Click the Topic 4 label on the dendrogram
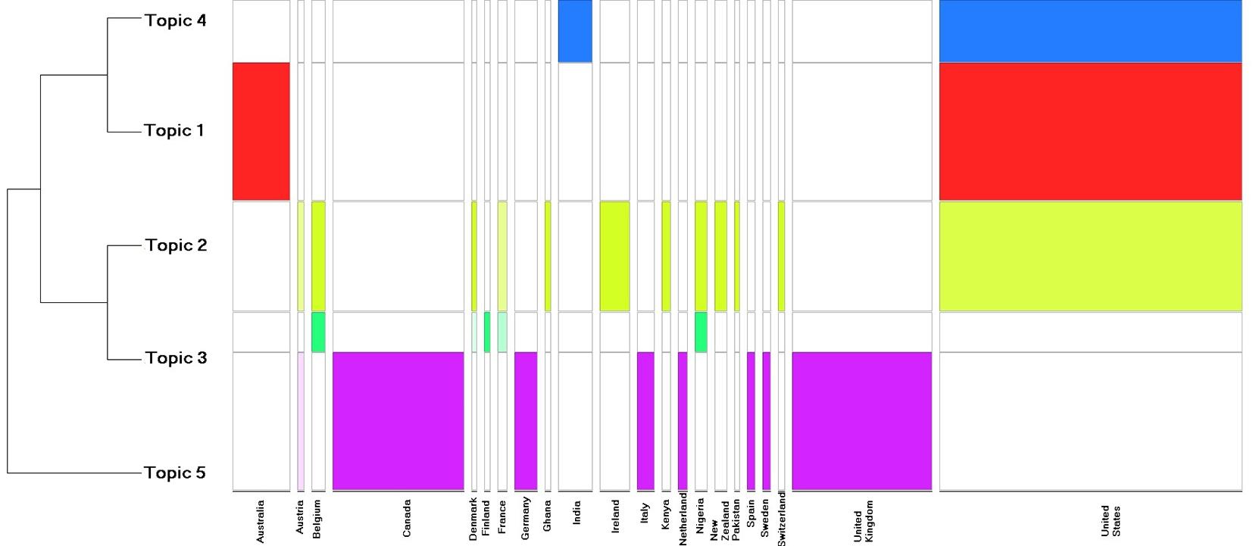click(x=176, y=20)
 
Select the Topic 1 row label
click(x=174, y=130)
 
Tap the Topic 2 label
click(x=177, y=245)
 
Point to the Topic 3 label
click(x=177, y=357)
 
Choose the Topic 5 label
click(x=175, y=473)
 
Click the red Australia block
click(x=261, y=132)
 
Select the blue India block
click(x=575, y=31)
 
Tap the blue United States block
click(x=1091, y=31)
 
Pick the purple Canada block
click(x=398, y=421)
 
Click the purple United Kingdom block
click(x=862, y=421)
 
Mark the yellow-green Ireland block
click(x=614, y=256)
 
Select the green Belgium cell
click(x=318, y=332)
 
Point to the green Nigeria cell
click(x=701, y=332)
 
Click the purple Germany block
click(x=526, y=421)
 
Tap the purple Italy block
click(x=645, y=421)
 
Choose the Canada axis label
click(x=407, y=519)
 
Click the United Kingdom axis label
click(x=863, y=521)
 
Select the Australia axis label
click(x=260, y=521)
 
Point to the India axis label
click(x=577, y=513)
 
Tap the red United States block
click(x=1091, y=132)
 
